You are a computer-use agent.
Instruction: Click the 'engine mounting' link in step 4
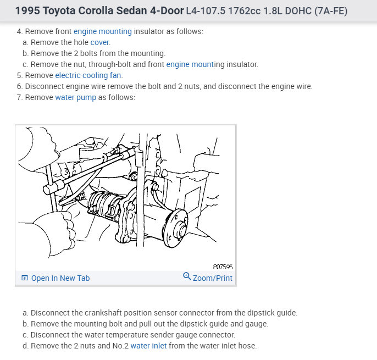(103, 31)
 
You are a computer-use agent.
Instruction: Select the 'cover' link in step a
(100, 42)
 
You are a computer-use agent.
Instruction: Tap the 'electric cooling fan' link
(88, 75)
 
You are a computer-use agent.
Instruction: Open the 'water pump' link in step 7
(75, 98)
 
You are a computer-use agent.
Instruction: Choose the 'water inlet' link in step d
(148, 346)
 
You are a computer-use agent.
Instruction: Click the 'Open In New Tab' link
(60, 278)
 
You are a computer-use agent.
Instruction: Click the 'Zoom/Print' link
(213, 278)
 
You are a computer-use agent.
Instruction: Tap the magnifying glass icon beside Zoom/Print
(187, 276)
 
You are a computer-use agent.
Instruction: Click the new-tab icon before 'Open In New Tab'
(25, 278)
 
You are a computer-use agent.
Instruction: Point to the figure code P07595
(223, 267)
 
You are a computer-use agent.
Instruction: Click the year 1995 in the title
(27, 11)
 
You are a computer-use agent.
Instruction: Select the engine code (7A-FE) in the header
(331, 11)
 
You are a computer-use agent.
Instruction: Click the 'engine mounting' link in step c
(190, 64)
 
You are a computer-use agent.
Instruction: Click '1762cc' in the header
(244, 11)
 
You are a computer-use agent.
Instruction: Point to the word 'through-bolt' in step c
(109, 64)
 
